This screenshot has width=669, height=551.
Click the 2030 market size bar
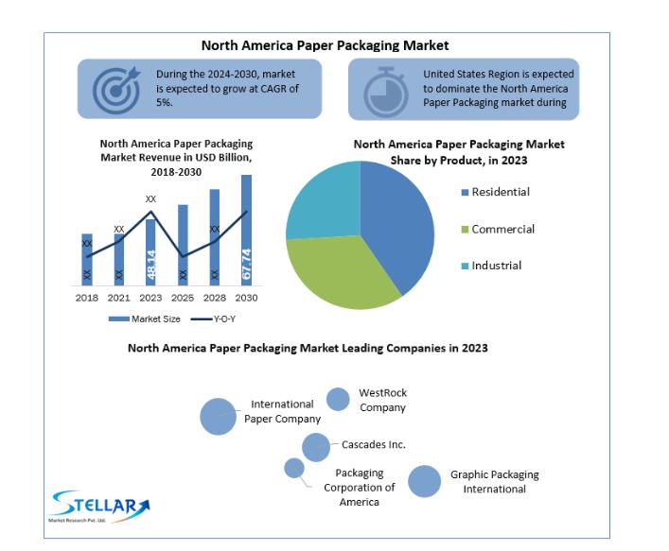click(x=246, y=230)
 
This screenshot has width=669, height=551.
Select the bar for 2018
click(x=87, y=260)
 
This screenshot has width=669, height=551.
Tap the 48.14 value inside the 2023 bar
click(x=151, y=265)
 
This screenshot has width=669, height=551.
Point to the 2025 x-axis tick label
click(x=183, y=298)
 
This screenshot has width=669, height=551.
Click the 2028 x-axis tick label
click(x=215, y=298)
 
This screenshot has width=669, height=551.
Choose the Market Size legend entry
click(x=144, y=319)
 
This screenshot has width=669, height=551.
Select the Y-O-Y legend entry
click(x=213, y=319)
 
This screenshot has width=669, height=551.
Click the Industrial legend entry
click(x=491, y=266)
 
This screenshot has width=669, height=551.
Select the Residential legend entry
click(x=495, y=192)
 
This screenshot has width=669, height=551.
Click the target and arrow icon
click(x=116, y=90)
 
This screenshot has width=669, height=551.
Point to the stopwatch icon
click(x=386, y=92)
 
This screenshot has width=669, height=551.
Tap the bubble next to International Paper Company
click(x=218, y=417)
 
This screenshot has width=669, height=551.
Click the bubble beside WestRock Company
click(x=338, y=399)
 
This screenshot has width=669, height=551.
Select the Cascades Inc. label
click(x=374, y=444)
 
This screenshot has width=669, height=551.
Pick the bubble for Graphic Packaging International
click(x=424, y=481)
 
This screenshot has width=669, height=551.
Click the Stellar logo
click(x=99, y=507)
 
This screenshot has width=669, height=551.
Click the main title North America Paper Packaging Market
click(x=325, y=45)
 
